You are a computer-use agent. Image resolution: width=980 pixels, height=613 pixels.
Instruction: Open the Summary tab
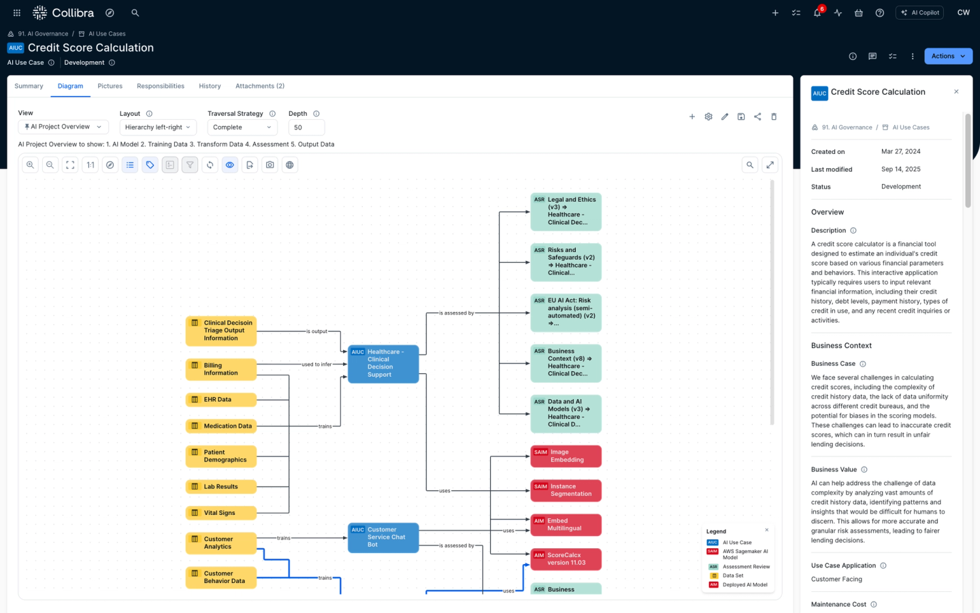click(x=29, y=86)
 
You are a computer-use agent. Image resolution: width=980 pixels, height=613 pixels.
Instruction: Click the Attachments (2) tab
click(x=259, y=86)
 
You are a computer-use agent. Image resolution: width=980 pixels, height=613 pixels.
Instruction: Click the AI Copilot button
click(x=919, y=12)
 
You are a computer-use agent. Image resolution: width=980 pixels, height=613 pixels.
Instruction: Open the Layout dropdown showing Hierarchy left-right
click(x=158, y=127)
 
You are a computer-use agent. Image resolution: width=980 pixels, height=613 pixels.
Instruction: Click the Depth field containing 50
click(x=306, y=127)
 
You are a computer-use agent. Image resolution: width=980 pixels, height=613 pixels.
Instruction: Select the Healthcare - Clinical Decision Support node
click(x=383, y=363)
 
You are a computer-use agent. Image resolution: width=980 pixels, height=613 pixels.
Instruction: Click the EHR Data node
click(x=221, y=400)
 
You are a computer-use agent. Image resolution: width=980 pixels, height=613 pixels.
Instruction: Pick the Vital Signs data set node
click(x=221, y=513)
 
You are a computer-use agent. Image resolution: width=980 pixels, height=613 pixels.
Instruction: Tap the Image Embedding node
click(x=566, y=456)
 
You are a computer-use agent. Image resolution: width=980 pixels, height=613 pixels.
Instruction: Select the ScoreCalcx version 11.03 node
click(x=566, y=559)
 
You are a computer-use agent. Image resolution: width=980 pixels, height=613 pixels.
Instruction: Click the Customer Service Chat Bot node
click(x=383, y=537)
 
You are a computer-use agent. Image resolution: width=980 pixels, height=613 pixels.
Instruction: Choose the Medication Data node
click(x=221, y=426)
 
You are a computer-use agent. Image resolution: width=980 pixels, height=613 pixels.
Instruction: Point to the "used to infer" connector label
click(x=316, y=364)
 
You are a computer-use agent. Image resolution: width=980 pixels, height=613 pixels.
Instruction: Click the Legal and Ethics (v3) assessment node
click(x=566, y=211)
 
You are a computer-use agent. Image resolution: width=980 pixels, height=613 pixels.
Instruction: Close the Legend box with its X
click(x=766, y=530)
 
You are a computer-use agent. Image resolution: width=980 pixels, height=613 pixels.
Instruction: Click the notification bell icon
click(x=817, y=13)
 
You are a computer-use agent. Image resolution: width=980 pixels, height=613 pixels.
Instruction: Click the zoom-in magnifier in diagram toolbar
click(x=30, y=165)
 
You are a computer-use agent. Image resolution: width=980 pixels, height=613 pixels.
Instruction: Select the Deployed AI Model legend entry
click(x=745, y=584)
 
